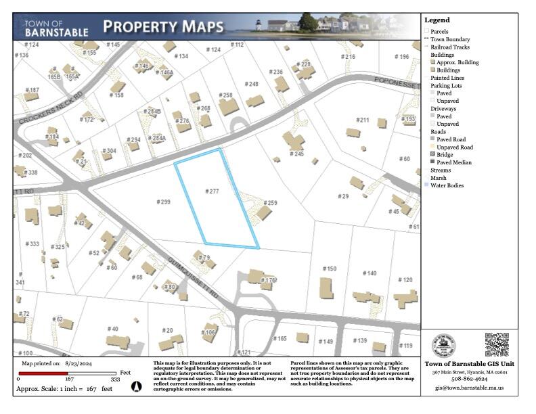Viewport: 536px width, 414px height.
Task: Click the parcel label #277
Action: [212, 191]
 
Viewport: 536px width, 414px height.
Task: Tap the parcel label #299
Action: [163, 202]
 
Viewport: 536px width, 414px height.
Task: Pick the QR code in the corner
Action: [496, 344]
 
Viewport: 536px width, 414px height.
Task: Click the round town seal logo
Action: [444, 345]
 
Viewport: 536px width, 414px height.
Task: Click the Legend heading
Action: [437, 20]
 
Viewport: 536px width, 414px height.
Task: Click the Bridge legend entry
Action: [444, 155]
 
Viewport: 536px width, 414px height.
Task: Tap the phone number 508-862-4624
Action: [470, 379]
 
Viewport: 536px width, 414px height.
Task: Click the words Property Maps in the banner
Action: [163, 27]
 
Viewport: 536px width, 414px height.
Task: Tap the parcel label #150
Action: [329, 269]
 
